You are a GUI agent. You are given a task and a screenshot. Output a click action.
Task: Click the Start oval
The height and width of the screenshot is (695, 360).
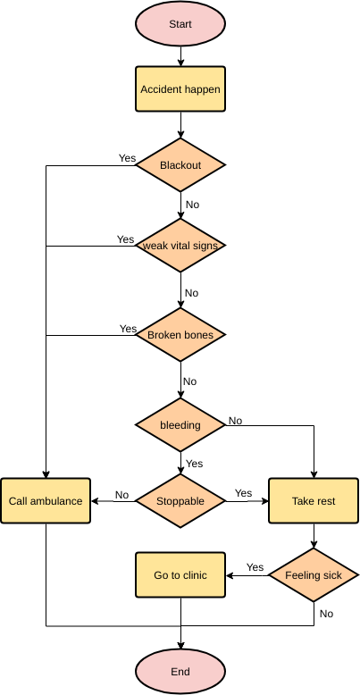pyautogui.click(x=180, y=24)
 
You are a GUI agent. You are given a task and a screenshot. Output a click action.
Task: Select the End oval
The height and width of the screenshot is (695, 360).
pyautogui.click(x=180, y=671)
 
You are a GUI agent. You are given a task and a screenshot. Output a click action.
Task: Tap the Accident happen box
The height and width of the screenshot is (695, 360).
pyautogui.click(x=180, y=89)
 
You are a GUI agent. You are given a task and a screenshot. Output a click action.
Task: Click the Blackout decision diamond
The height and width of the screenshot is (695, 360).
pyautogui.click(x=180, y=165)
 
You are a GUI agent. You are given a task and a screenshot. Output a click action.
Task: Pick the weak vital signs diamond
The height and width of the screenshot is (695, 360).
pyautogui.click(x=180, y=246)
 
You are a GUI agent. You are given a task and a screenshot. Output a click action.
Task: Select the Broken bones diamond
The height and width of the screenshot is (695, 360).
pyautogui.click(x=180, y=335)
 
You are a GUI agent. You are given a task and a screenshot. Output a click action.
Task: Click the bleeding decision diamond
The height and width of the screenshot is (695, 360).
pyautogui.click(x=180, y=425)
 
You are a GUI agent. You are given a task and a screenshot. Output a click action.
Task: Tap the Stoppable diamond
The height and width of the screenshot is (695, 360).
pyautogui.click(x=180, y=501)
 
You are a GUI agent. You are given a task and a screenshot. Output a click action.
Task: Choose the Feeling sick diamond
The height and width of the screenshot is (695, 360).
pyautogui.click(x=314, y=575)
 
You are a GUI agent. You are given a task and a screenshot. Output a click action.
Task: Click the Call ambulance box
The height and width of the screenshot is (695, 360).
pyautogui.click(x=46, y=501)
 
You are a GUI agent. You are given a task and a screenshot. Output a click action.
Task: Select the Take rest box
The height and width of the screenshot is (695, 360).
pyautogui.click(x=314, y=501)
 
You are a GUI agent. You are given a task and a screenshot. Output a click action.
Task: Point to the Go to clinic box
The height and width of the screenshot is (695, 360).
pyautogui.click(x=180, y=575)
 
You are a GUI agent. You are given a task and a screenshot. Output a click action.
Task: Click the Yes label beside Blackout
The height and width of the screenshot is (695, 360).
pyautogui.click(x=127, y=158)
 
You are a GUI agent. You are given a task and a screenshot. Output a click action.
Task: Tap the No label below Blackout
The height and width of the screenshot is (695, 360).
pyautogui.click(x=192, y=205)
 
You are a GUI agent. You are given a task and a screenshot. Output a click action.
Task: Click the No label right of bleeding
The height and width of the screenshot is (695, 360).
pyautogui.click(x=236, y=420)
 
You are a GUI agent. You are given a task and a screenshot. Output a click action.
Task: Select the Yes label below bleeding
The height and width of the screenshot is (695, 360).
pyautogui.click(x=194, y=464)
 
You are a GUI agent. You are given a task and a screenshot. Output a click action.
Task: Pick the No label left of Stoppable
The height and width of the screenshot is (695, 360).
pyautogui.click(x=121, y=494)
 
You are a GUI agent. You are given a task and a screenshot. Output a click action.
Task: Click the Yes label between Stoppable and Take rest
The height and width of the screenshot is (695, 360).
pyautogui.click(x=243, y=493)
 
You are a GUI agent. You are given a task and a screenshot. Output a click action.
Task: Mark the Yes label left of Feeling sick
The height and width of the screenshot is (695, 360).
pyautogui.click(x=255, y=567)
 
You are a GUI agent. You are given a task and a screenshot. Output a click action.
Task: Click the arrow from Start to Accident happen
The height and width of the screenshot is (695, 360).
pyautogui.click(x=180, y=56)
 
